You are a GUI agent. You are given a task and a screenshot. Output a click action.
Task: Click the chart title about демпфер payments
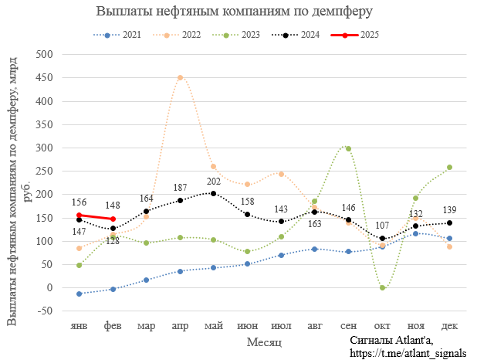tap(234, 12)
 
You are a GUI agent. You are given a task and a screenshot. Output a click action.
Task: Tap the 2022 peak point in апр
tap(180, 77)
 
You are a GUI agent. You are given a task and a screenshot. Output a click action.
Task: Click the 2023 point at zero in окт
tap(382, 287)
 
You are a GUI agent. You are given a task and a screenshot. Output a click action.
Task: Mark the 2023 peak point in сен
tap(348, 148)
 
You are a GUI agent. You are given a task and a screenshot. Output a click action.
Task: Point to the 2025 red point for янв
tap(79, 215)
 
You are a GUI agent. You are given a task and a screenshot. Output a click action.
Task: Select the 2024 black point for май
tap(213, 193)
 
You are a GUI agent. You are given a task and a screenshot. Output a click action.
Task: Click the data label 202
tap(213, 181)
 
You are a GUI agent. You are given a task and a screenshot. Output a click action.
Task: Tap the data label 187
tap(180, 188)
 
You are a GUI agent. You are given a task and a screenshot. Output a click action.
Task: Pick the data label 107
tap(382, 226)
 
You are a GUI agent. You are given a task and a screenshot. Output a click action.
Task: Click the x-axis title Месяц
tap(264, 341)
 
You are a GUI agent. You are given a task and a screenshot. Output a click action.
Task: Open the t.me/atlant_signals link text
tap(408, 353)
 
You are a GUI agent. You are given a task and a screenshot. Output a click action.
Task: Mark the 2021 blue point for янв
tap(79, 294)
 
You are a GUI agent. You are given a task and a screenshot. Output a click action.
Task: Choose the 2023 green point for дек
tap(449, 167)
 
